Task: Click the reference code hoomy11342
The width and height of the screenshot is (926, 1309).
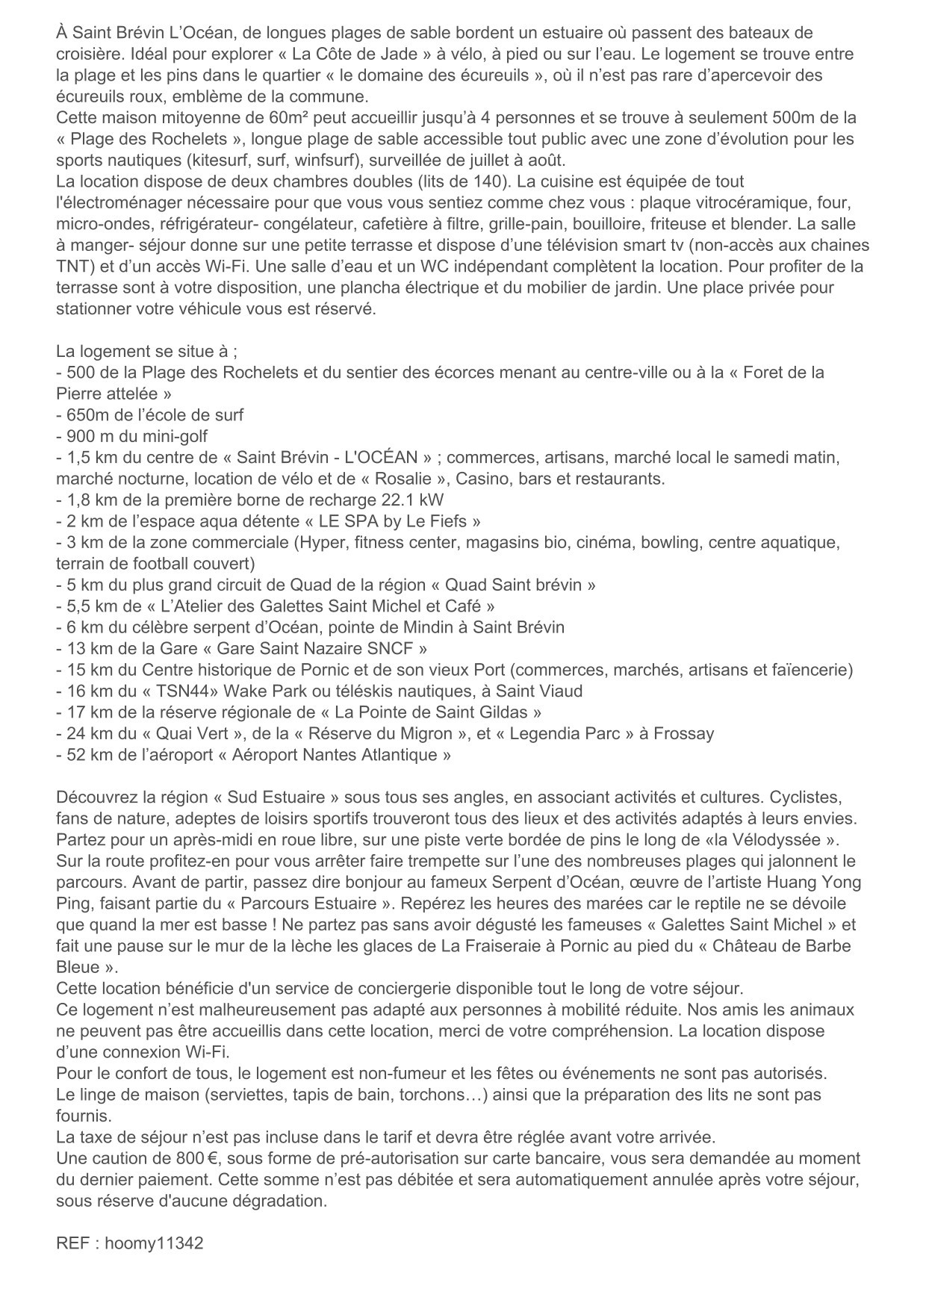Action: [154, 1243]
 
